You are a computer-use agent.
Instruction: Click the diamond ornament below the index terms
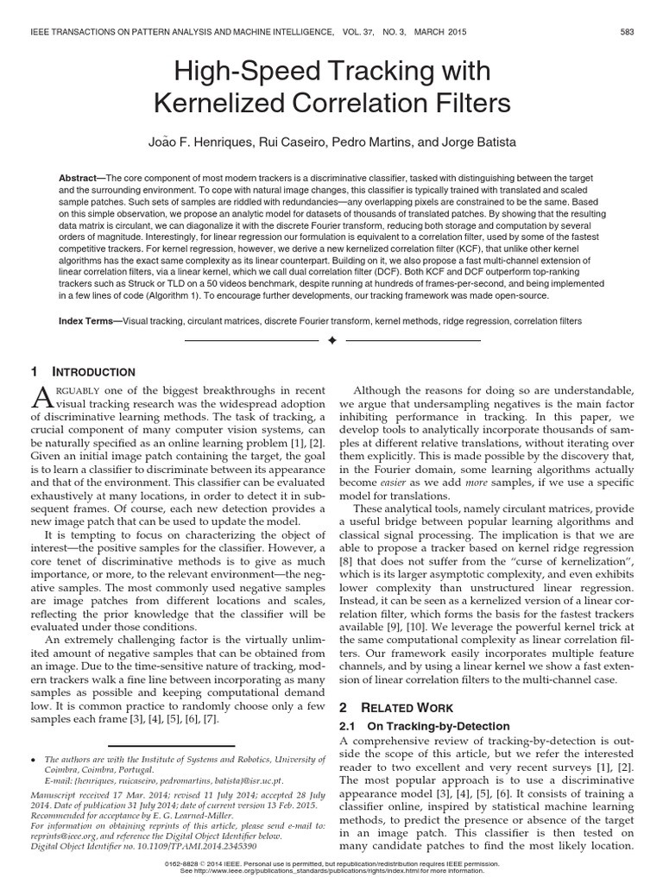click(331, 342)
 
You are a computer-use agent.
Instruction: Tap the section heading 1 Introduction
click(83, 372)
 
